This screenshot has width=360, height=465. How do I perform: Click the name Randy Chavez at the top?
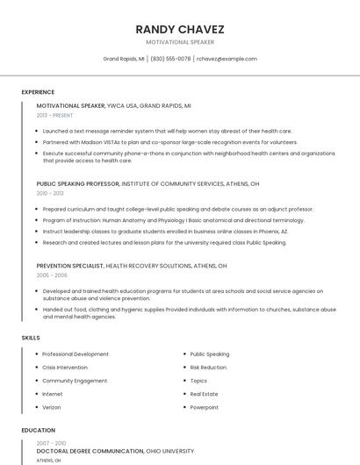coord(180,29)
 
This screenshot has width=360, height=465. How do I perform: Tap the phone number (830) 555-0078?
coord(170,59)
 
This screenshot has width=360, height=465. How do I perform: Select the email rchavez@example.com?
coord(227,59)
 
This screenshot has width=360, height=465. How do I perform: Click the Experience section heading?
coord(38,92)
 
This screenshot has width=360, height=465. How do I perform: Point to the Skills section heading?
coord(31,338)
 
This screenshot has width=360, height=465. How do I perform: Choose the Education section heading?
coord(38,430)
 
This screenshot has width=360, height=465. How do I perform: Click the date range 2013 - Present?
coord(54,115)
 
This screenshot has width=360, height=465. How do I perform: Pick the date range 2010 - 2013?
coord(50,193)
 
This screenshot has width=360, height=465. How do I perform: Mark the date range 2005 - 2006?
coord(52,275)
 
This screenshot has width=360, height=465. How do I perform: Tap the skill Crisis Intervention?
coord(65,368)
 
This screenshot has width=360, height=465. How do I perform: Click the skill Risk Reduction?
coord(208,368)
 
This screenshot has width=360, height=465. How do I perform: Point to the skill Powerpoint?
coord(205,407)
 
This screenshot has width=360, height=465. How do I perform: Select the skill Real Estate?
coord(205,394)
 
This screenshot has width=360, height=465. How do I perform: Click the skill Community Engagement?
coord(75,381)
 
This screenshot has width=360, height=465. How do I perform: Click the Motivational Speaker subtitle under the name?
coord(180,42)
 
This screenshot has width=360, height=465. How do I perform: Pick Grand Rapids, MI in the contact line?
coord(124,59)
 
